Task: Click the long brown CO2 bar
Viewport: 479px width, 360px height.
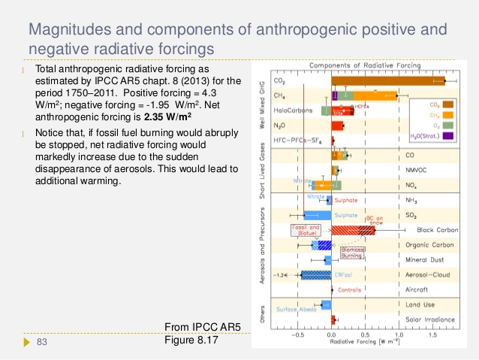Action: tap(387, 80)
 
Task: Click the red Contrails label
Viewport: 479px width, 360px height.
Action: tap(349, 290)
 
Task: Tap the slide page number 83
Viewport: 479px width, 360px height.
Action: tap(42, 343)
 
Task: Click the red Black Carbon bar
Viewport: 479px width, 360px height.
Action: tap(353, 230)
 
